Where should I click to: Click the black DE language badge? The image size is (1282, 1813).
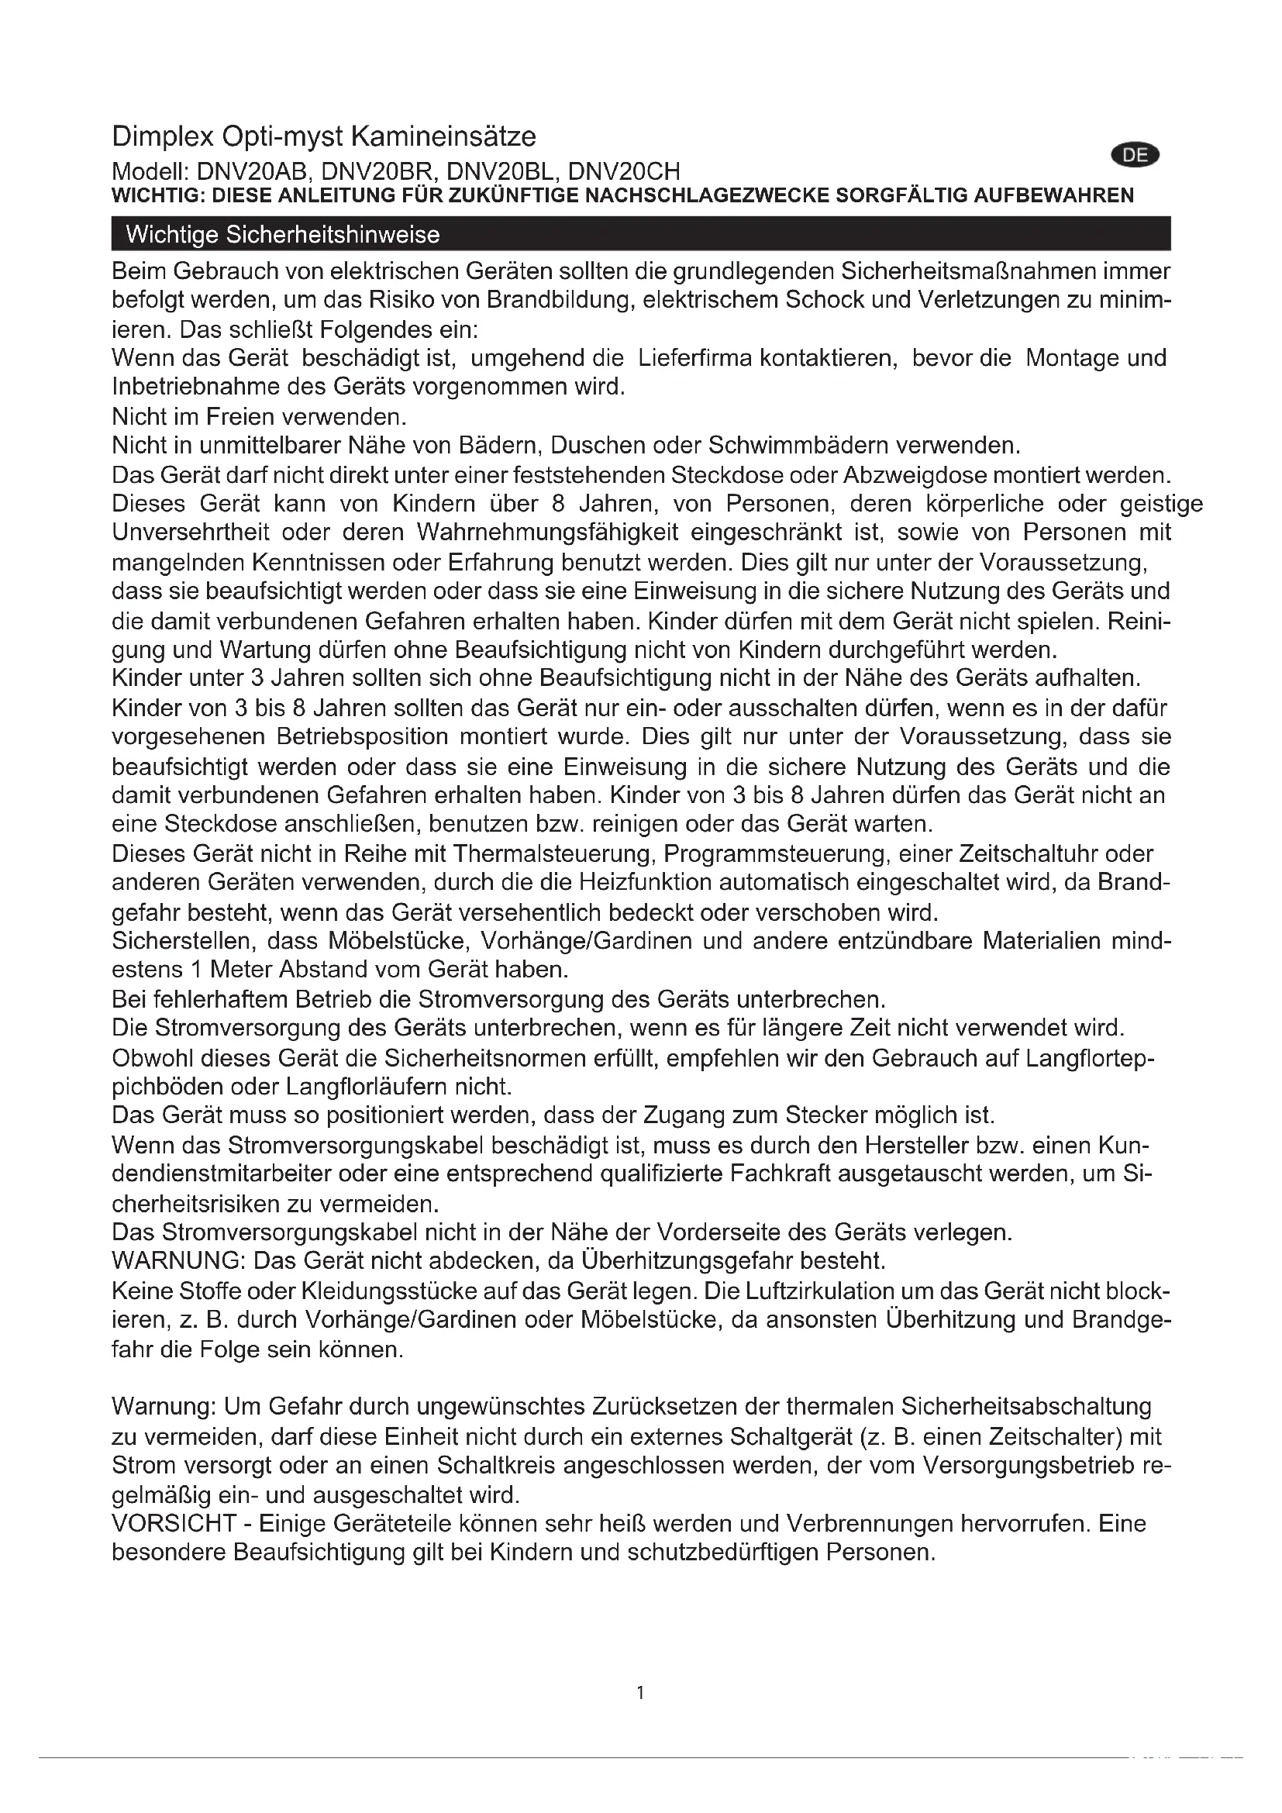pos(1135,156)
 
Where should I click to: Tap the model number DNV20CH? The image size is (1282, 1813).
pos(624,171)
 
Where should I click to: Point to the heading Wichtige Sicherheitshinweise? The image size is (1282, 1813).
pos(283,235)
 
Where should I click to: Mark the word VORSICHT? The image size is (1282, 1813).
pos(174,1523)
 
